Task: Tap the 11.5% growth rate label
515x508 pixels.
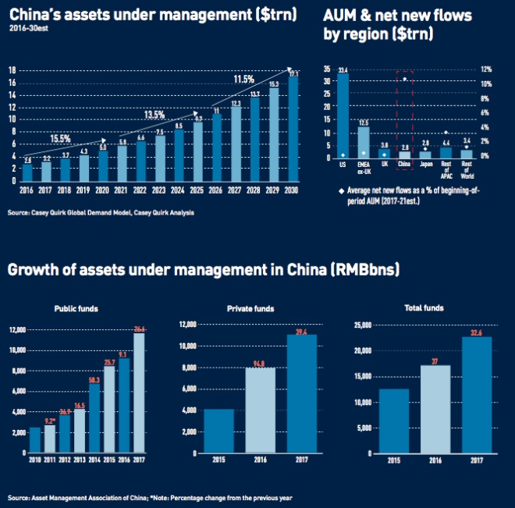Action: click(243, 79)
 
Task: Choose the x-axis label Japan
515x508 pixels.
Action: click(424, 165)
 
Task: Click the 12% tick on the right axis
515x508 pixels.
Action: click(485, 69)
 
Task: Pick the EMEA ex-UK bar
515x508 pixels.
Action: click(364, 141)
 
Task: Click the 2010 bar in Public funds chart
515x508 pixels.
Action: click(35, 439)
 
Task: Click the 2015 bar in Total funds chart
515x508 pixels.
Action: click(394, 421)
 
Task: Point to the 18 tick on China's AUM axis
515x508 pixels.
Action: click(12, 70)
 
